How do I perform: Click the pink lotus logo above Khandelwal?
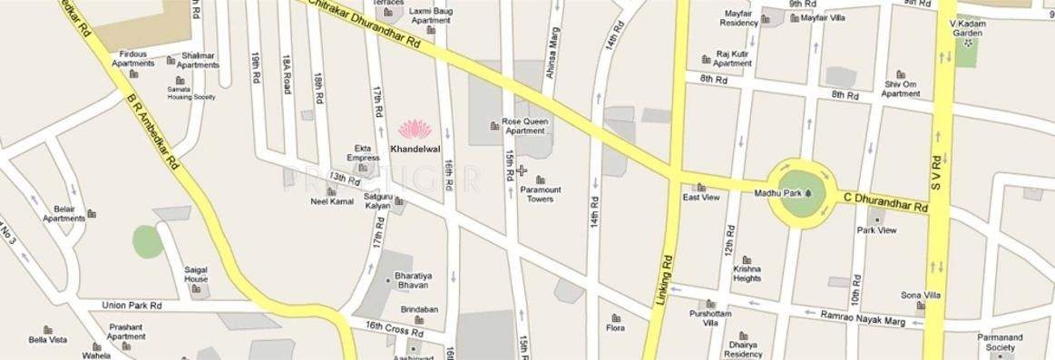(411, 129)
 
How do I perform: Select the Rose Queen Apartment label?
(524, 125)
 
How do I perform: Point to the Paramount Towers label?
(541, 194)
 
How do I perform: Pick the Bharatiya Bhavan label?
(418, 278)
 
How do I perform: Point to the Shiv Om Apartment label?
(901, 89)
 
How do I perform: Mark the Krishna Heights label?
(747, 275)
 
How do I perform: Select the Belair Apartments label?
(63, 213)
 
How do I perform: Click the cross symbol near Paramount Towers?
(522, 170)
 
